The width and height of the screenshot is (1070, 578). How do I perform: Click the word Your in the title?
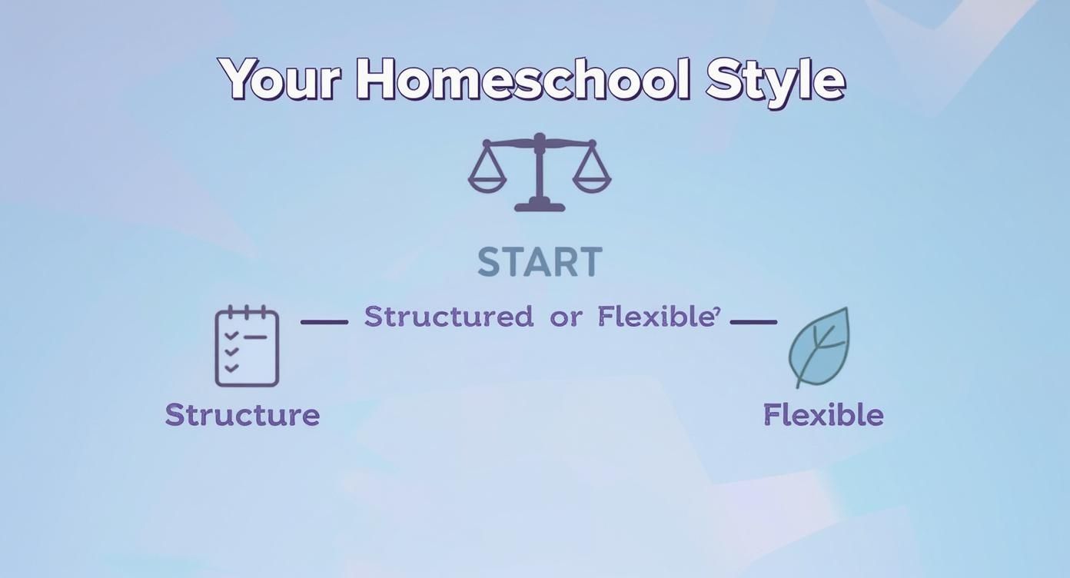[279, 80]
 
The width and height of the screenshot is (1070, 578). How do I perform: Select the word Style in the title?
[775, 80]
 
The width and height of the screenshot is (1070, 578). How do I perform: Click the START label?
[540, 263]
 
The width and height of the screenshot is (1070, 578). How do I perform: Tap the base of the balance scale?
[540, 205]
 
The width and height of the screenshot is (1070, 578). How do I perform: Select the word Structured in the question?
[448, 317]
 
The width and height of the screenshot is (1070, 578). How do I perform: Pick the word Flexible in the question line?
[655, 317]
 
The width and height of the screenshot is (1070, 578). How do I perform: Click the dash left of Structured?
[324, 322]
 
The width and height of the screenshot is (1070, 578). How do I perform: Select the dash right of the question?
[753, 322]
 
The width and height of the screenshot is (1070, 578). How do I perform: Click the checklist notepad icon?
[247, 347]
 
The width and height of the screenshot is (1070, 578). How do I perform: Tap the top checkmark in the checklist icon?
[231, 337]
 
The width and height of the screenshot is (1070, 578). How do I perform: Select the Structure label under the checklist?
[242, 415]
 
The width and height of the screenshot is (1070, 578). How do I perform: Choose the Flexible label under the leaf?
[823, 415]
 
